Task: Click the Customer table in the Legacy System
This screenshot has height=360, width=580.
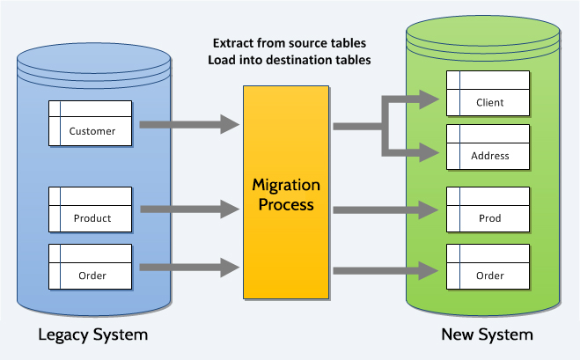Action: pos(90,124)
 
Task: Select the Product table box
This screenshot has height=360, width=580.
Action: pos(90,209)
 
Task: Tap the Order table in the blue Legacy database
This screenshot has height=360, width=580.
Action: pos(90,267)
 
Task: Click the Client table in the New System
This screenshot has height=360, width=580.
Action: pos(488,93)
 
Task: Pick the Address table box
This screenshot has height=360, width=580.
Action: pos(488,147)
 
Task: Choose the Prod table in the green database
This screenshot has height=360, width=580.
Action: pos(488,209)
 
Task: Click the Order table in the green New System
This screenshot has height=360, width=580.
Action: pos(488,267)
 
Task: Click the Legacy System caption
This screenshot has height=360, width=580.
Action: pos(92,334)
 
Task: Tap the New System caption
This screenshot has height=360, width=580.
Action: pos(487,334)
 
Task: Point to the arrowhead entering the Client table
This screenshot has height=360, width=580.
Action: pos(429,100)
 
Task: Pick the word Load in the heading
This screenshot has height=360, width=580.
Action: pos(223,60)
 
